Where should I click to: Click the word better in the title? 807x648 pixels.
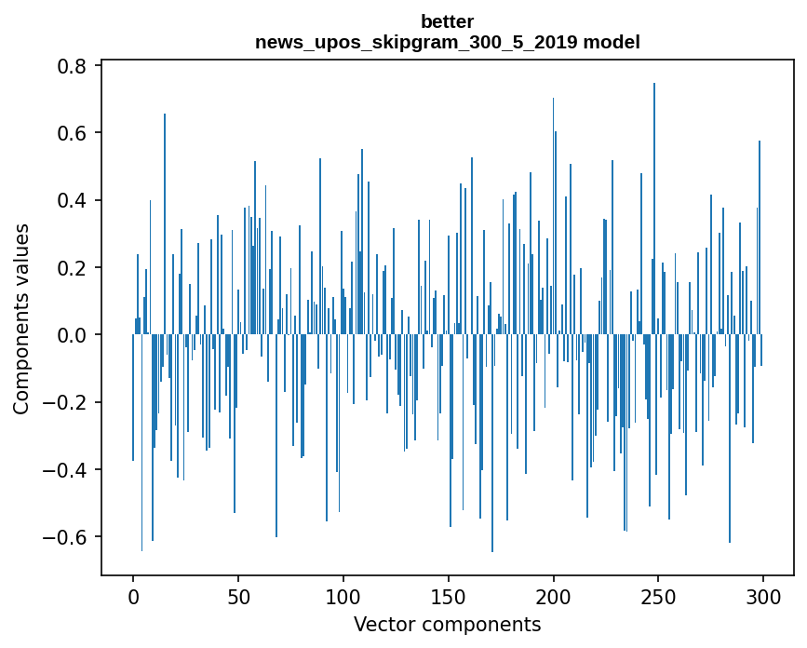pyautogui.click(x=448, y=21)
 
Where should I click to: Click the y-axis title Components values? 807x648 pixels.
pyautogui.click(x=21, y=318)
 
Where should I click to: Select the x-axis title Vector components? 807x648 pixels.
pyautogui.click(x=447, y=624)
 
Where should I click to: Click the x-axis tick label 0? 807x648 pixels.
pyautogui.click(x=133, y=595)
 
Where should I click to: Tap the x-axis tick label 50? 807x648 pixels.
pyautogui.click(x=238, y=595)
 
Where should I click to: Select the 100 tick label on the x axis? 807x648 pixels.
pyautogui.click(x=343, y=595)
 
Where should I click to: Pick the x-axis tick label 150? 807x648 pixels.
pyautogui.click(x=449, y=595)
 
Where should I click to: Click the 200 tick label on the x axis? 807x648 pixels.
pyautogui.click(x=554, y=595)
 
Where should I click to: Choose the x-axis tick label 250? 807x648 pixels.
pyautogui.click(x=658, y=595)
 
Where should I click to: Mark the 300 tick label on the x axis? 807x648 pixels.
pyautogui.click(x=763, y=595)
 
